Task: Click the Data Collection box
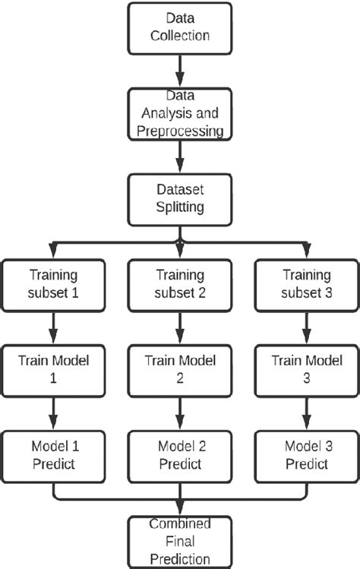click(180, 27)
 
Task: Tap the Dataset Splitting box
click(180, 200)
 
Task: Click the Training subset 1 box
click(53, 284)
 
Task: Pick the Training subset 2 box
click(180, 284)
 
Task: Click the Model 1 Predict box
click(53, 454)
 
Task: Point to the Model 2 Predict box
click(180, 454)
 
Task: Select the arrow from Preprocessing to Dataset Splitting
click(180, 158)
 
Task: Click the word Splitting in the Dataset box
click(180, 209)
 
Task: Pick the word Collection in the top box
click(180, 36)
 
